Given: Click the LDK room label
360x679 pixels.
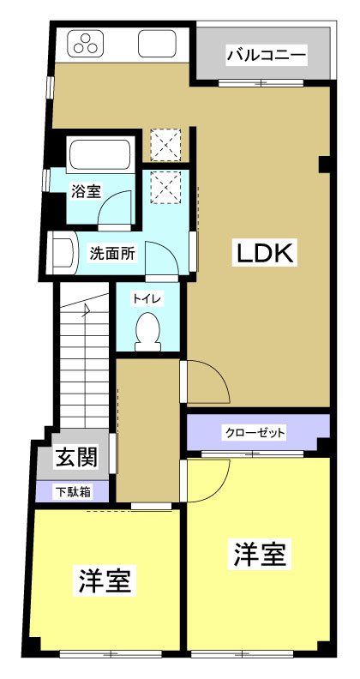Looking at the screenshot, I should tap(266, 253).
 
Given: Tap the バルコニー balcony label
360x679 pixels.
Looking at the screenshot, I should tap(266, 57).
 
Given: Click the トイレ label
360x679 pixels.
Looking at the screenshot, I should tap(143, 298).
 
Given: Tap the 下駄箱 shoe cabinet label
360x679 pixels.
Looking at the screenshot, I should tap(72, 492).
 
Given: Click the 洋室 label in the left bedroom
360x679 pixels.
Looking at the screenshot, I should tap(105, 582).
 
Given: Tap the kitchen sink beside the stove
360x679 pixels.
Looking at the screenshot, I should tap(157, 44).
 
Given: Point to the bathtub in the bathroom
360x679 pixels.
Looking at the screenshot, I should tap(99, 155).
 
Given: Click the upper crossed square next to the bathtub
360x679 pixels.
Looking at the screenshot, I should tap(165, 144).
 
